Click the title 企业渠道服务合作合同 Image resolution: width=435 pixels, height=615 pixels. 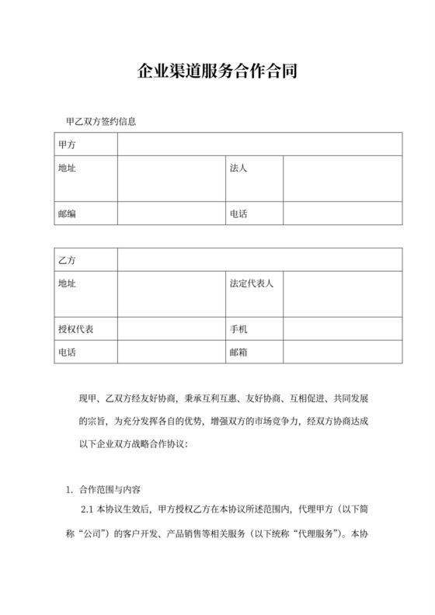click(x=217, y=73)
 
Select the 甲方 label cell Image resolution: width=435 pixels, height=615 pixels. click(x=86, y=144)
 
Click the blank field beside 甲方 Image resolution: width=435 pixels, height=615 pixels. click(x=259, y=144)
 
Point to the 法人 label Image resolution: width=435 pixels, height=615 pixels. click(x=238, y=168)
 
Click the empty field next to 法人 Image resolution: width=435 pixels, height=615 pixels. click(x=342, y=179)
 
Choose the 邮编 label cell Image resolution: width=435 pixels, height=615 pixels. click(x=86, y=214)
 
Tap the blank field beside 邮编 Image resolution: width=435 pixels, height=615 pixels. click(x=171, y=214)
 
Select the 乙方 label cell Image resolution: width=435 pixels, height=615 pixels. click(x=86, y=259)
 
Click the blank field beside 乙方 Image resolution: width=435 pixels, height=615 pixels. click(x=259, y=259)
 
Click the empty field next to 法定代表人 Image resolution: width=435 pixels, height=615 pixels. click(x=342, y=294)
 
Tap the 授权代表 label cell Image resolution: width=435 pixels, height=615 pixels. click(x=86, y=329)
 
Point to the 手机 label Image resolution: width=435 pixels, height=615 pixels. click(x=238, y=329)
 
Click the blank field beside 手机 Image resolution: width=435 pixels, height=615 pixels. click(x=342, y=329)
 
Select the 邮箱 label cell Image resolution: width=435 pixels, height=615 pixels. click(x=238, y=352)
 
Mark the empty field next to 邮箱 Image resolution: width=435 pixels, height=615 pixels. click(x=342, y=352)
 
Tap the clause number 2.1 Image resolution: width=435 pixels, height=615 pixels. click(x=88, y=512)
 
